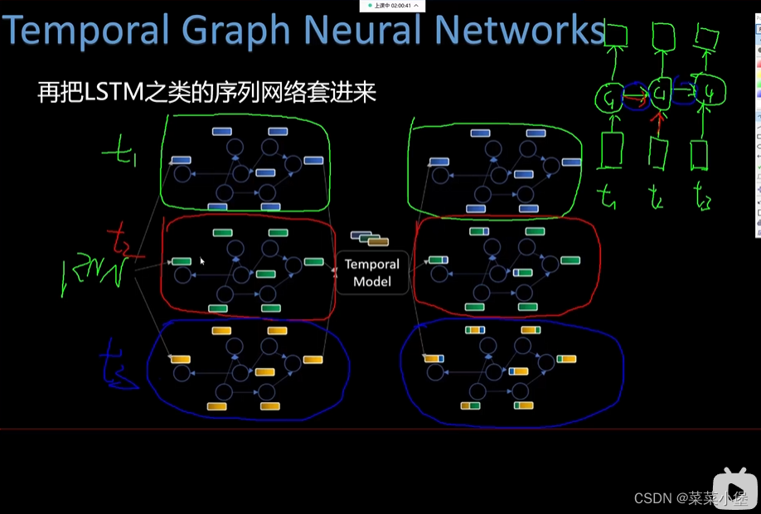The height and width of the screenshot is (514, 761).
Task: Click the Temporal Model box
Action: tap(372, 273)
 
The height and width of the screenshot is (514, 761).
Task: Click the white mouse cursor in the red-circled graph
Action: tap(201, 260)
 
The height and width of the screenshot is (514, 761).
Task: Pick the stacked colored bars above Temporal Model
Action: tap(370, 239)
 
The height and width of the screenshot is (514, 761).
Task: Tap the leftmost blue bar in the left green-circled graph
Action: tap(182, 161)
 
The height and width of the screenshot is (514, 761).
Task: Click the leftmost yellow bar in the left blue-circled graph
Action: tap(181, 359)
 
